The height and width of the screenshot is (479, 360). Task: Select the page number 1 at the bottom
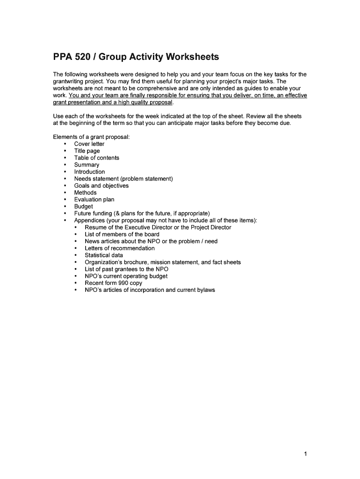(305, 454)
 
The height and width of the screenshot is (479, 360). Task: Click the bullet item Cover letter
(89, 144)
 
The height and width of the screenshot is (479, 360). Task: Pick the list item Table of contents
(96, 158)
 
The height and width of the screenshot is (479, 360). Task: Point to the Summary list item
(86, 165)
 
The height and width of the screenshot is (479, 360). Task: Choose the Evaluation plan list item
(94, 200)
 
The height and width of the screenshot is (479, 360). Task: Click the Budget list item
(83, 206)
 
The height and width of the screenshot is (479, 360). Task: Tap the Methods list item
(85, 193)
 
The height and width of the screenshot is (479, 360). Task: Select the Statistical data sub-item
(104, 255)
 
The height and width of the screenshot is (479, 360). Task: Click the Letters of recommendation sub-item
(119, 248)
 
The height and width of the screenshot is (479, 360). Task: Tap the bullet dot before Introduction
(65, 172)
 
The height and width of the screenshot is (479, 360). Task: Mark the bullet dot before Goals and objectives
(65, 186)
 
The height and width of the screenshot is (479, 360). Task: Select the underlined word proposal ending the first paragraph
(160, 102)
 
